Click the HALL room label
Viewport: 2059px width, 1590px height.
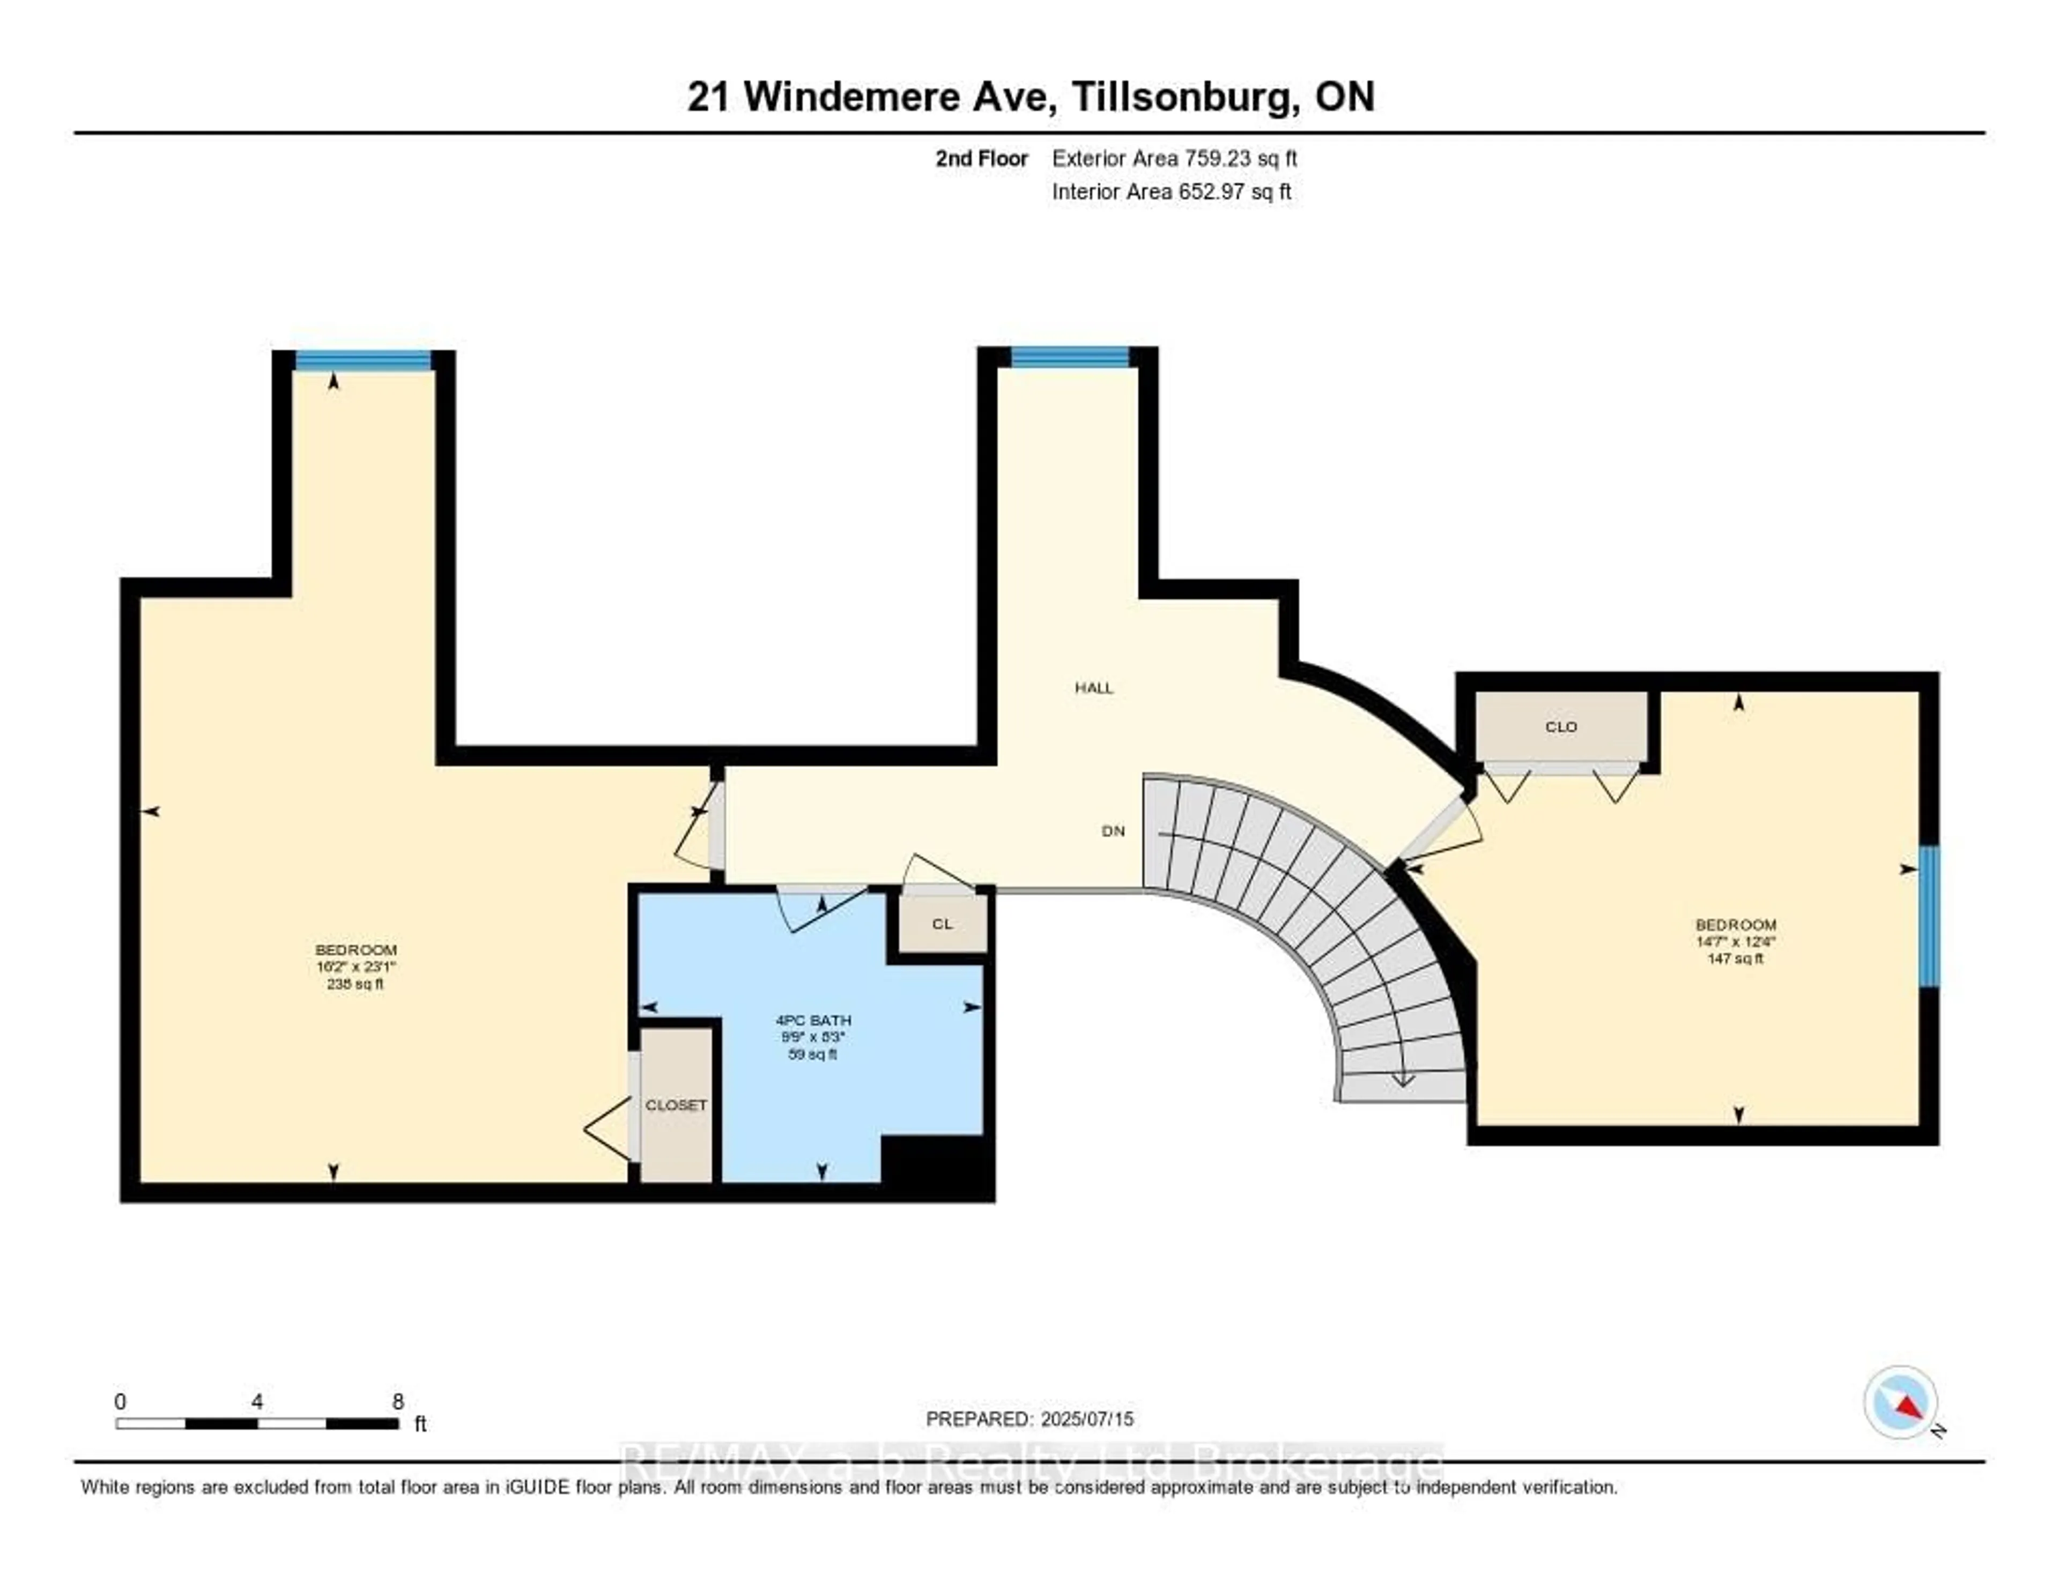[x=1094, y=688]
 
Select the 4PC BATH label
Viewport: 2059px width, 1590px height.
[x=813, y=1020]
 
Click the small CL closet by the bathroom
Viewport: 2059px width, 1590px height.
[x=942, y=924]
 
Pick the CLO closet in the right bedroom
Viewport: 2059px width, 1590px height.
[x=1561, y=727]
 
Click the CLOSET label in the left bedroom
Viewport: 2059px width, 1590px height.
[x=676, y=1105]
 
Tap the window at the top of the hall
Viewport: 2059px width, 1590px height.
[x=1070, y=357]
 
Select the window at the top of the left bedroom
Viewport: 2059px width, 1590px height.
[x=363, y=361]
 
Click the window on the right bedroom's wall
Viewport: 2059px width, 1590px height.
[x=1929, y=916]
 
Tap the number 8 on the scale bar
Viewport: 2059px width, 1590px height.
[x=398, y=1401]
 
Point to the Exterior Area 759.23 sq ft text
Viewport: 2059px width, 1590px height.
[x=1174, y=158]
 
